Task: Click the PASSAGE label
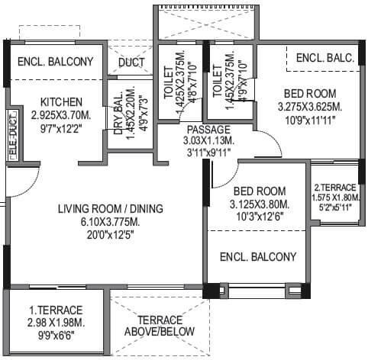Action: pos(207,130)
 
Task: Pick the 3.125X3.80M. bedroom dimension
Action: pos(260,204)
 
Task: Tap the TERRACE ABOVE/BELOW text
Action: pos(161,325)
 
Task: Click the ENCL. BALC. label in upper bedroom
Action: pos(321,58)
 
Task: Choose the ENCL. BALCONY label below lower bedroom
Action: pos(257,257)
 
